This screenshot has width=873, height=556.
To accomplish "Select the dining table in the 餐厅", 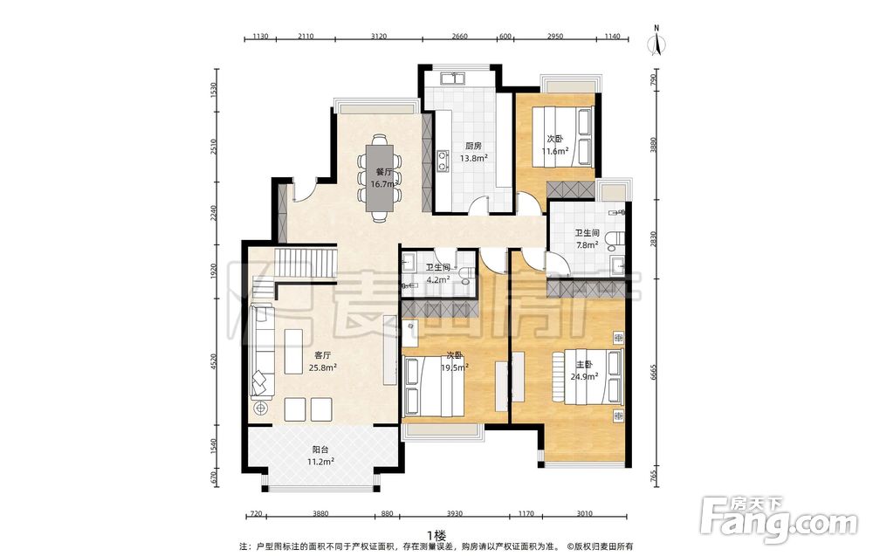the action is [379, 177].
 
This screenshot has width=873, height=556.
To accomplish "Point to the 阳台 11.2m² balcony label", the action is [320, 456].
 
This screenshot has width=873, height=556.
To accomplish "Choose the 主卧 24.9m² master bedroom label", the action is [584, 370].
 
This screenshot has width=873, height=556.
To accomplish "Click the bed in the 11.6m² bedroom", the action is [562, 136].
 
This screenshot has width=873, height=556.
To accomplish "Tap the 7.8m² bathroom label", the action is [587, 239].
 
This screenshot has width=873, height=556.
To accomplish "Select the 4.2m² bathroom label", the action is [437, 274].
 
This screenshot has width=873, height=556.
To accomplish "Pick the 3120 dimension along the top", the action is [379, 36].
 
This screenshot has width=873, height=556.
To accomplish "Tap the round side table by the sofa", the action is [260, 408].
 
